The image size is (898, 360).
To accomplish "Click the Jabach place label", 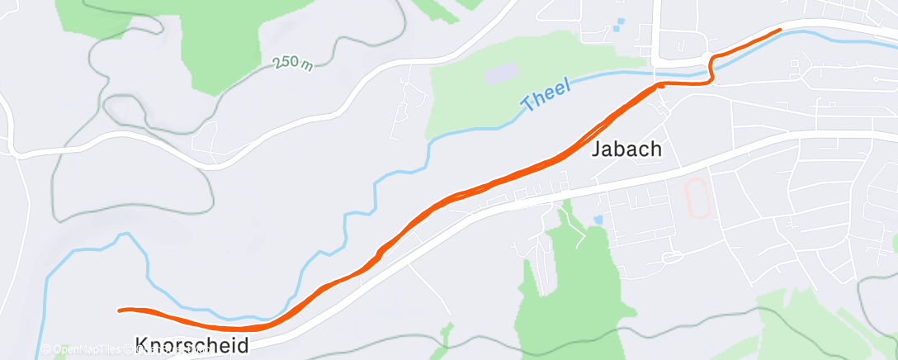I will [x=627, y=149].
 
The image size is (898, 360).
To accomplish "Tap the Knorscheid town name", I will [x=191, y=345].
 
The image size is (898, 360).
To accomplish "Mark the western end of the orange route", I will [x=121, y=310].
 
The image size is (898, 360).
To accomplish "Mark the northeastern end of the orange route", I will [x=778, y=30].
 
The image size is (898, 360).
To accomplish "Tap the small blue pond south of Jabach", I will [x=598, y=220].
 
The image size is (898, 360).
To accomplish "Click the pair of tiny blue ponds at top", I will [x=619, y=25].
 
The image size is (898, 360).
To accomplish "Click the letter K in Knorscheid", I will [x=141, y=345].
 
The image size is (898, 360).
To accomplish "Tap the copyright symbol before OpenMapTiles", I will [x=46, y=350].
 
